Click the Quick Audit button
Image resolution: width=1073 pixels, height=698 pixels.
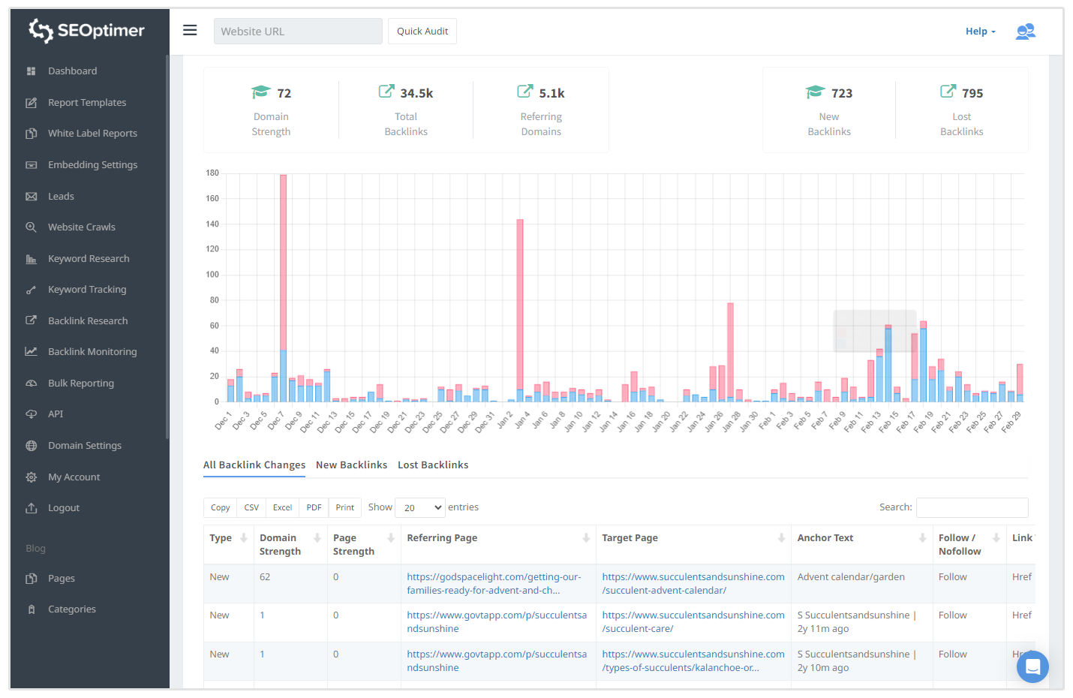(x=422, y=32)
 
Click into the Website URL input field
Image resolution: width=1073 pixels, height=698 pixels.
(x=298, y=32)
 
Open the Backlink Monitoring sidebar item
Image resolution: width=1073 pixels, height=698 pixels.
(x=92, y=352)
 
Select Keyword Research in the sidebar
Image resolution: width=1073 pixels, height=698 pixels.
(x=89, y=259)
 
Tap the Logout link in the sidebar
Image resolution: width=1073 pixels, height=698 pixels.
(x=64, y=508)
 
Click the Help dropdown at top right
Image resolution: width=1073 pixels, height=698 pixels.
(x=980, y=32)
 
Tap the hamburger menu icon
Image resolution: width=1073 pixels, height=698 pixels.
(x=190, y=30)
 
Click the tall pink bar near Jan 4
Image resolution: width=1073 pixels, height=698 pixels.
(x=520, y=300)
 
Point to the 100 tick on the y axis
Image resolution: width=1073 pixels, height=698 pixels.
(x=212, y=275)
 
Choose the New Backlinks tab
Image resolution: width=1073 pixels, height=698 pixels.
(x=351, y=465)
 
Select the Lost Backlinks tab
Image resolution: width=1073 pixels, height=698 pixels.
(x=433, y=465)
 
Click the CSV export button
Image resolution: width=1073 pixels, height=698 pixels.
(x=251, y=508)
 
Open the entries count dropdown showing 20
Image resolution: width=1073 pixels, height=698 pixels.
(x=420, y=508)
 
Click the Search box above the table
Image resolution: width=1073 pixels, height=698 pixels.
(x=972, y=508)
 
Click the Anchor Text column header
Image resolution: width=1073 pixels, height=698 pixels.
(x=825, y=538)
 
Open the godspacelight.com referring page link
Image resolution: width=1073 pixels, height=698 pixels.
(x=494, y=584)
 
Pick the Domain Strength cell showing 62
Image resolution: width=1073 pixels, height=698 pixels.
(x=265, y=577)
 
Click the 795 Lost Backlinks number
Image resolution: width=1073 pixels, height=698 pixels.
(x=972, y=94)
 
